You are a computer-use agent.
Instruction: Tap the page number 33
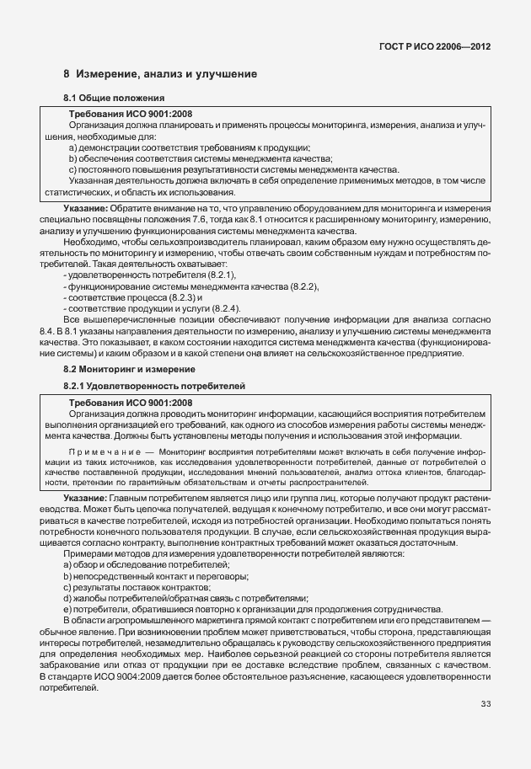point(485,703)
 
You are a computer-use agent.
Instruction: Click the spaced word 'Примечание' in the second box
point(102,453)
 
